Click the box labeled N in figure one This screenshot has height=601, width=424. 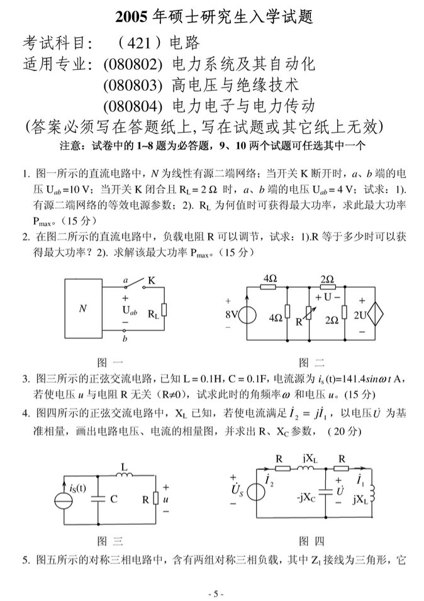82,308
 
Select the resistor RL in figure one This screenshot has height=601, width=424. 164,310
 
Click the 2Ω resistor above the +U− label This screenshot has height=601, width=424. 327,287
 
